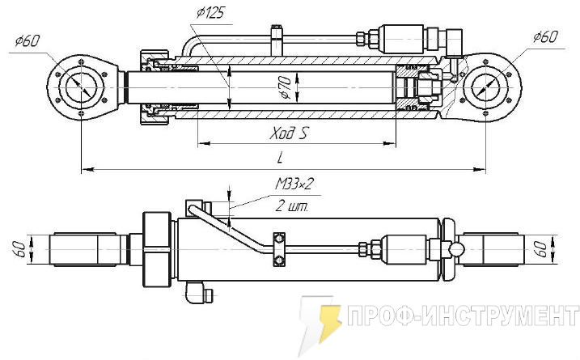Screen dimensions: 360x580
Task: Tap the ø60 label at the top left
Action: click(x=28, y=41)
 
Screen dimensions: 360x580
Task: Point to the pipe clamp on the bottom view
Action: click(x=280, y=248)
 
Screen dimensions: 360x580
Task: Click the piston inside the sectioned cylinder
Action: click(x=414, y=87)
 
